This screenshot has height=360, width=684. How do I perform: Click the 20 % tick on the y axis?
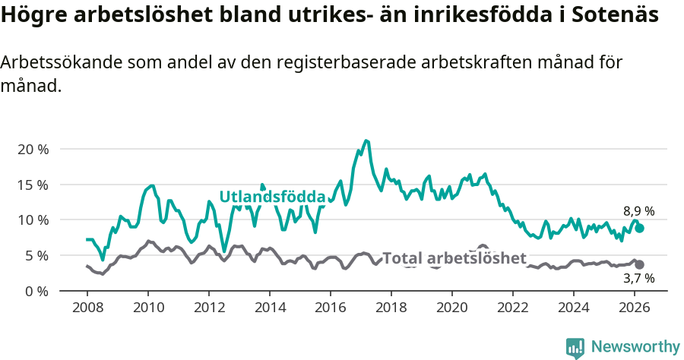[x=32, y=149]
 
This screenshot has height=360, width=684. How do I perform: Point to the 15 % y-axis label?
[x=32, y=185]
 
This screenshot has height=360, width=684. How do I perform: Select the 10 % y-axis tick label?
[x=32, y=220]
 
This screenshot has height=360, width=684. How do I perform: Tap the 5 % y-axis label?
[x=36, y=255]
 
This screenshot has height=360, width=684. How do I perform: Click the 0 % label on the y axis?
[x=36, y=291]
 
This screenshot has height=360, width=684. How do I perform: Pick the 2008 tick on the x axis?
[x=87, y=308]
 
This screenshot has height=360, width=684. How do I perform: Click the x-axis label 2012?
[x=209, y=308]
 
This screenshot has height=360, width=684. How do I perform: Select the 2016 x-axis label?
[x=331, y=308]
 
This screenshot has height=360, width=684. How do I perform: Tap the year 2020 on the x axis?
[x=452, y=308]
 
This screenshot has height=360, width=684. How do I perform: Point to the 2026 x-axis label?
[x=635, y=308]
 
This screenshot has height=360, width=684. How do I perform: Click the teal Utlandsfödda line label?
[x=272, y=197]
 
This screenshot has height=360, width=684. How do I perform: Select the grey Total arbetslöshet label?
[x=454, y=258]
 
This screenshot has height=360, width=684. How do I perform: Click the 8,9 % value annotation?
[x=638, y=212]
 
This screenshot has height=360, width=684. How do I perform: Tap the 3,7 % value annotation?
[x=638, y=279]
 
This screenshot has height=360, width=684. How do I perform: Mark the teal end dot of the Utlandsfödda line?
[x=640, y=228]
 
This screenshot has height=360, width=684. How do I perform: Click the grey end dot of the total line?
[x=639, y=264]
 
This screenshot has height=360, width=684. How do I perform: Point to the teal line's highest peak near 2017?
[x=366, y=141]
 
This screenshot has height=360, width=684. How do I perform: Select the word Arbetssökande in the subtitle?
[x=52, y=63]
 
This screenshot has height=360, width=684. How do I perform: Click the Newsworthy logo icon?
[x=575, y=347]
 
